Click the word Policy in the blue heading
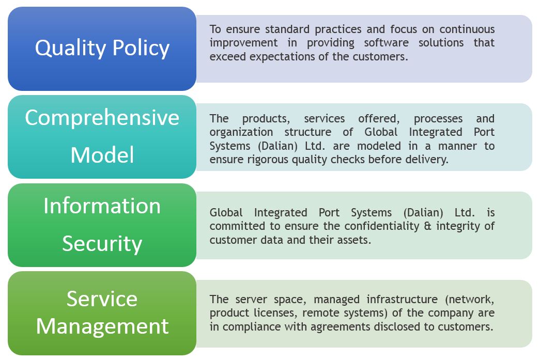[x=141, y=48]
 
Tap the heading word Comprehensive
[x=102, y=118]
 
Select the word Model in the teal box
[x=102, y=155]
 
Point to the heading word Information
[x=102, y=206]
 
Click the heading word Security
[x=102, y=244]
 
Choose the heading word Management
[x=102, y=326]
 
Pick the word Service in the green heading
[x=102, y=299]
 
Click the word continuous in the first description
[x=467, y=29]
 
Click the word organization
[x=241, y=132]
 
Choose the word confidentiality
[x=382, y=226]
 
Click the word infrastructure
[x=402, y=299]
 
